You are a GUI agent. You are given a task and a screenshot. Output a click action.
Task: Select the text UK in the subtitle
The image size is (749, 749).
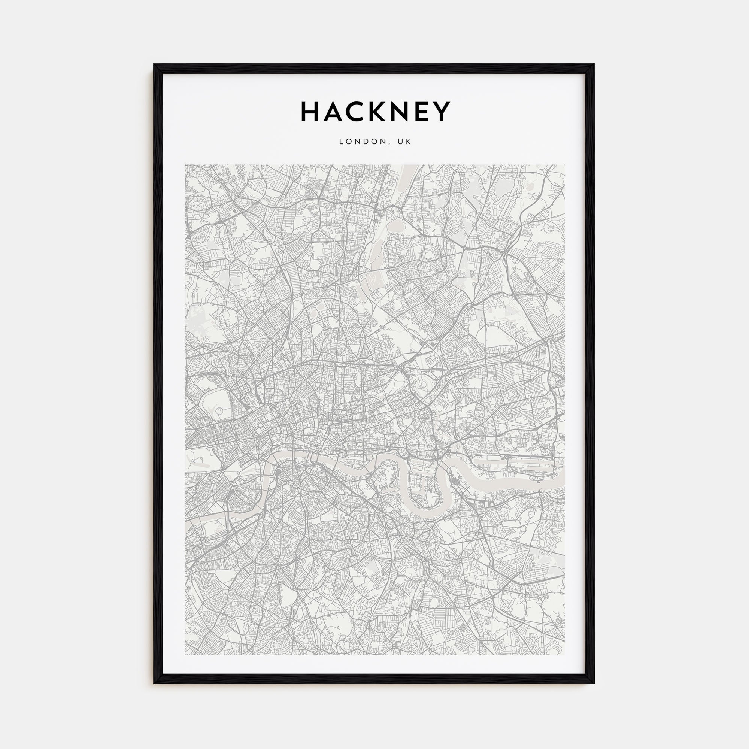[404, 142]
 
